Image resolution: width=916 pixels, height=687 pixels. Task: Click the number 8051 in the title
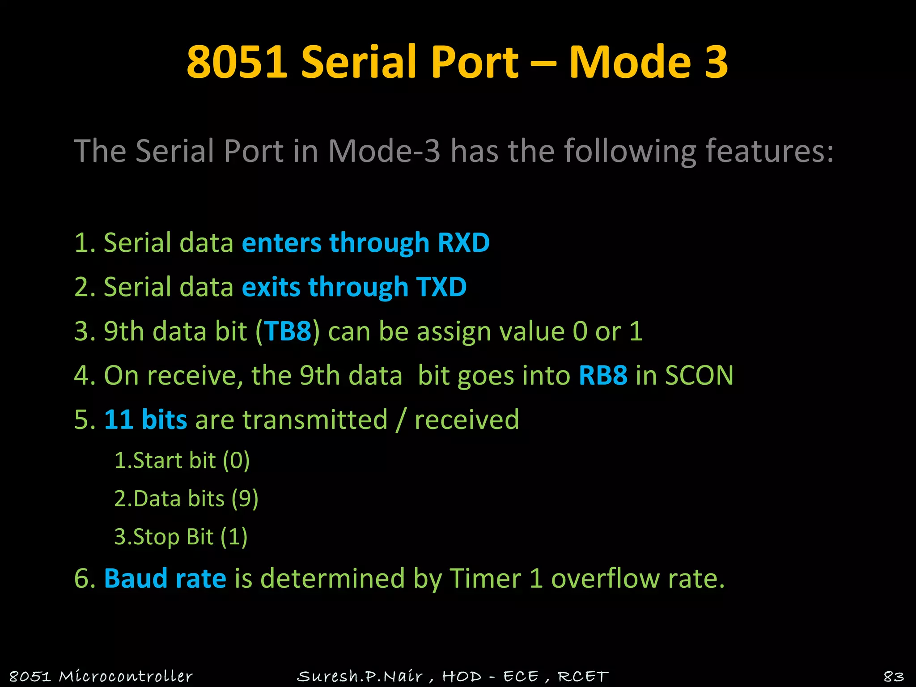coord(237,62)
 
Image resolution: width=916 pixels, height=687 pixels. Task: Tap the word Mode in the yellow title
coord(630,62)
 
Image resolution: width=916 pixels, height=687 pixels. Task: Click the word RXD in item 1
coord(463,243)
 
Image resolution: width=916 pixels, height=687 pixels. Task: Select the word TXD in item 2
coord(441,287)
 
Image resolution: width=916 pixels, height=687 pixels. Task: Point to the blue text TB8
coord(288,331)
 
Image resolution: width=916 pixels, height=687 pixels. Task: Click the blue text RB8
coord(602,375)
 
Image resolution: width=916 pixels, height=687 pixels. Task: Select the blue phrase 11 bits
coord(145,420)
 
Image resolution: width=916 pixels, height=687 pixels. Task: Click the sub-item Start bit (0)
coord(182,461)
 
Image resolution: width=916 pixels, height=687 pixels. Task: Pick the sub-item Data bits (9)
coord(186,499)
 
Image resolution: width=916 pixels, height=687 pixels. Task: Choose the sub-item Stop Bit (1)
coord(181,537)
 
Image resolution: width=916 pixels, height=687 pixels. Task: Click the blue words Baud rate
coord(165,578)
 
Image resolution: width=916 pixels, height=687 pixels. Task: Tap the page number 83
coord(894,676)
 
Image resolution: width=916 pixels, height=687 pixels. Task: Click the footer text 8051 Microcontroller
coord(101,676)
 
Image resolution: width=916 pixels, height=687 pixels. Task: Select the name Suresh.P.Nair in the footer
coord(360,676)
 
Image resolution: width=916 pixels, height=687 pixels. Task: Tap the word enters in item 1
coord(281,243)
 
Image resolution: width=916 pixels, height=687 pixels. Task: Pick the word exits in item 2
coord(271,287)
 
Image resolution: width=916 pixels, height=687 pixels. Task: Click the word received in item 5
coord(466,420)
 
